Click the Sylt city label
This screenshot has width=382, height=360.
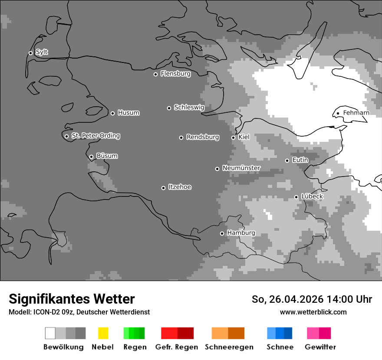click(x=42, y=52)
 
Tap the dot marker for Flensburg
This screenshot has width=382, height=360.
click(x=155, y=74)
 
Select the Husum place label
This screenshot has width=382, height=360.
click(x=128, y=113)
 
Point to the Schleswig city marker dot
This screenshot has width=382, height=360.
click(x=169, y=108)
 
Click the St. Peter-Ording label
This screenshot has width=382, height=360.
click(x=95, y=136)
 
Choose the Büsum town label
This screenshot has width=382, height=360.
click(x=107, y=156)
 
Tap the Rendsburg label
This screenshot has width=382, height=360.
click(x=202, y=137)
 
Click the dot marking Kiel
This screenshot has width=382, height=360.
click(x=233, y=137)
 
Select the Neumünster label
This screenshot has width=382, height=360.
click(x=241, y=168)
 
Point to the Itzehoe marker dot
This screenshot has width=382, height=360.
click(x=163, y=188)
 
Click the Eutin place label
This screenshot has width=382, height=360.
click(x=300, y=160)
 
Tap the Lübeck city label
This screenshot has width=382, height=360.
click(x=312, y=196)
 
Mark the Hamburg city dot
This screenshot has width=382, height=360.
click(x=222, y=233)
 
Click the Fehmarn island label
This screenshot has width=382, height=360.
click(x=356, y=113)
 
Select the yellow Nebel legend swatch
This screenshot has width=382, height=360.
click(x=103, y=333)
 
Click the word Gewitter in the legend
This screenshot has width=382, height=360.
click(x=320, y=347)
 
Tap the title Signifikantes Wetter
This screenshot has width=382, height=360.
click(x=72, y=299)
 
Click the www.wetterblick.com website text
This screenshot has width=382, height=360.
click(x=313, y=312)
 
